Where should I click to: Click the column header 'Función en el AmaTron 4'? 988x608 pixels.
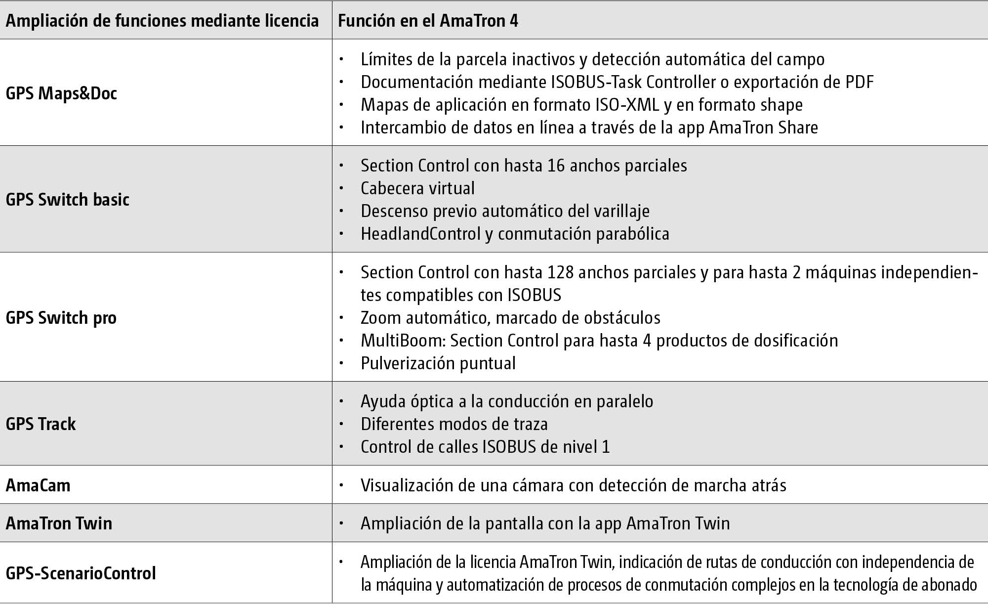click(428, 21)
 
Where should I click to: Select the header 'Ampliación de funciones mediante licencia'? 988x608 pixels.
click(162, 21)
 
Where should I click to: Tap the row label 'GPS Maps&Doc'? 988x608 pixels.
click(61, 93)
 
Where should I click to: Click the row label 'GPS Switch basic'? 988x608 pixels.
click(68, 200)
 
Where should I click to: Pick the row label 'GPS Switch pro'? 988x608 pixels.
click(61, 318)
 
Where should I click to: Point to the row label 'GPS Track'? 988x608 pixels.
click(41, 424)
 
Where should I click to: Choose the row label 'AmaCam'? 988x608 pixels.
click(38, 485)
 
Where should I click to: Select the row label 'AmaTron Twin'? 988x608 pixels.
click(59, 523)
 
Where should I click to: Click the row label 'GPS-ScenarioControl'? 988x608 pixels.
click(81, 573)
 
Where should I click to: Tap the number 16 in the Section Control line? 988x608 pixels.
click(556, 166)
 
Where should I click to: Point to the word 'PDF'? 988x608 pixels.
click(859, 82)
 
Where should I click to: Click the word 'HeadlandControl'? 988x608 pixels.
click(420, 234)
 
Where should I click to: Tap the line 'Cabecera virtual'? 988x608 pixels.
click(417, 188)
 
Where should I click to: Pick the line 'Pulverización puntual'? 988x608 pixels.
click(438, 363)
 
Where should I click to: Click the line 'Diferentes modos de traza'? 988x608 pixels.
click(454, 424)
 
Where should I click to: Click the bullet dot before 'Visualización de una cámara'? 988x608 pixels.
click(341, 485)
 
